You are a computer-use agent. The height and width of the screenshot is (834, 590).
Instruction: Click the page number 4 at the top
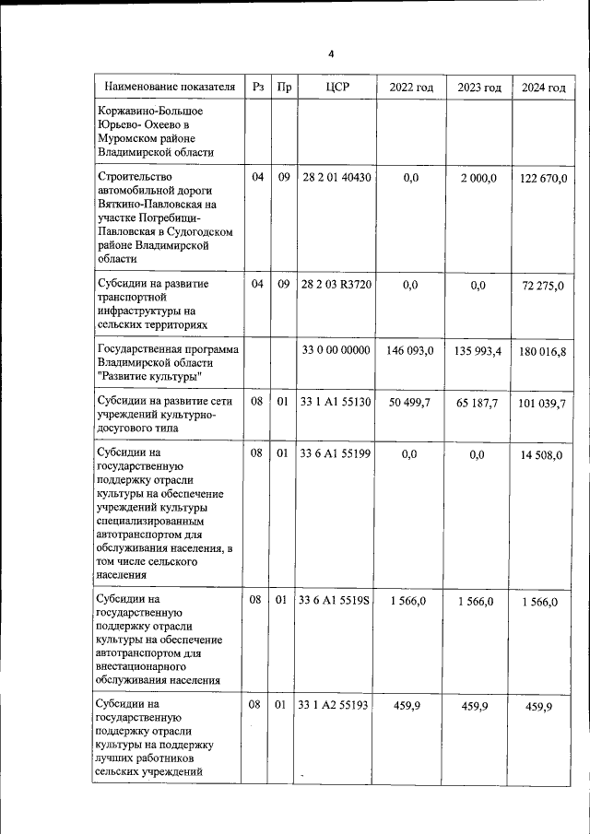(331, 53)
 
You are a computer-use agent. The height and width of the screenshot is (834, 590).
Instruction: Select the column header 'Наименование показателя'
(170, 88)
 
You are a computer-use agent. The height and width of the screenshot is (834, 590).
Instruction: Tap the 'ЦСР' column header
(336, 88)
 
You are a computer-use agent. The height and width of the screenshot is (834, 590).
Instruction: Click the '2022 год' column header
(411, 88)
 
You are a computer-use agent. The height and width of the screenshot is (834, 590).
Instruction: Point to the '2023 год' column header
(479, 88)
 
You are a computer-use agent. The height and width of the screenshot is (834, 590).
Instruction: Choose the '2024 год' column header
(544, 88)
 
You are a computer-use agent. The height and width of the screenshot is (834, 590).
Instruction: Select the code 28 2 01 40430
(336, 177)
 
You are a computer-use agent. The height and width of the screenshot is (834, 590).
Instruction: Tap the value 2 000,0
(478, 177)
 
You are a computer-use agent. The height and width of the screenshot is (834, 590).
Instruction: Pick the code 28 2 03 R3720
(336, 285)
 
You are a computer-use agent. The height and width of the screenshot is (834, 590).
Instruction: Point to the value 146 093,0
(411, 350)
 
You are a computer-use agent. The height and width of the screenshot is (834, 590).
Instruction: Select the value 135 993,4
(478, 350)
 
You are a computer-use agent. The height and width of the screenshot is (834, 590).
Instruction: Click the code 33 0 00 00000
(336, 350)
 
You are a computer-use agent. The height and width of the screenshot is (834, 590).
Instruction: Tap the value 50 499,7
(411, 402)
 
